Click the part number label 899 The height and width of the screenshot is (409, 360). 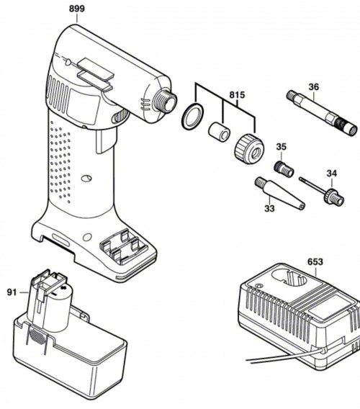pos(77,9)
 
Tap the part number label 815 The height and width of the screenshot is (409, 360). pos(237,95)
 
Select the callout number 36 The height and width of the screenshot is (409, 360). pos(314,87)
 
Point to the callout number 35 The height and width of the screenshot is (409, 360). pos(281,147)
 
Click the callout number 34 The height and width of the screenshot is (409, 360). pos(332,174)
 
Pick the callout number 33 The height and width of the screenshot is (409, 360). pos(269,208)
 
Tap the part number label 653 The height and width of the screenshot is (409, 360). pos(315,261)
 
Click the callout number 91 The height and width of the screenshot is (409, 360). pos(12,292)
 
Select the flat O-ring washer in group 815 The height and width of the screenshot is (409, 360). pos(192,117)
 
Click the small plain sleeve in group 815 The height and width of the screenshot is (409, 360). pos(219,132)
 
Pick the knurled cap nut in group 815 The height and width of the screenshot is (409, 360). pos(249,148)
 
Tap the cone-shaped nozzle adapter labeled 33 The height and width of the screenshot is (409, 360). pos(279,192)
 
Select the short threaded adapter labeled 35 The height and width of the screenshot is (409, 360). pos(284,168)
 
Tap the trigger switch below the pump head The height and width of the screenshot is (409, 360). pos(106,140)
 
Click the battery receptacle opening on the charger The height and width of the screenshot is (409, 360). pos(289,279)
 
